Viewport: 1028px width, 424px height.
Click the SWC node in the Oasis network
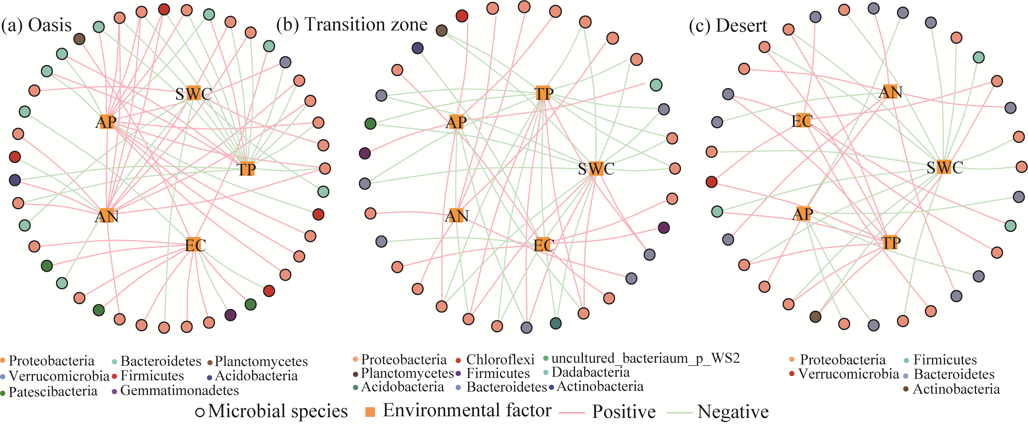click(x=193, y=93)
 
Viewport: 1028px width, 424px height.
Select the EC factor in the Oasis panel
click(x=195, y=245)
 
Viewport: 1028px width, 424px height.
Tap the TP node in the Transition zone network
click(x=543, y=93)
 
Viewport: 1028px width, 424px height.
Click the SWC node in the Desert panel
click(x=945, y=167)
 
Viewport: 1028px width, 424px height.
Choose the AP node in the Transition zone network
click(x=456, y=122)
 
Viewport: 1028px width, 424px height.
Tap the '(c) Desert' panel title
click(x=728, y=26)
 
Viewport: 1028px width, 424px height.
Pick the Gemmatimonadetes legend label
click(x=176, y=390)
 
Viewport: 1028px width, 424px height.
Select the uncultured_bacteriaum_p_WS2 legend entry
click(x=642, y=359)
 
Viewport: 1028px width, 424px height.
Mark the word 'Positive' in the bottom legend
click(x=624, y=412)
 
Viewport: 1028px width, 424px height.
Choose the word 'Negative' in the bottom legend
click(x=733, y=412)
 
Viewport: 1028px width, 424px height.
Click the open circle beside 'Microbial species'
click(x=200, y=412)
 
